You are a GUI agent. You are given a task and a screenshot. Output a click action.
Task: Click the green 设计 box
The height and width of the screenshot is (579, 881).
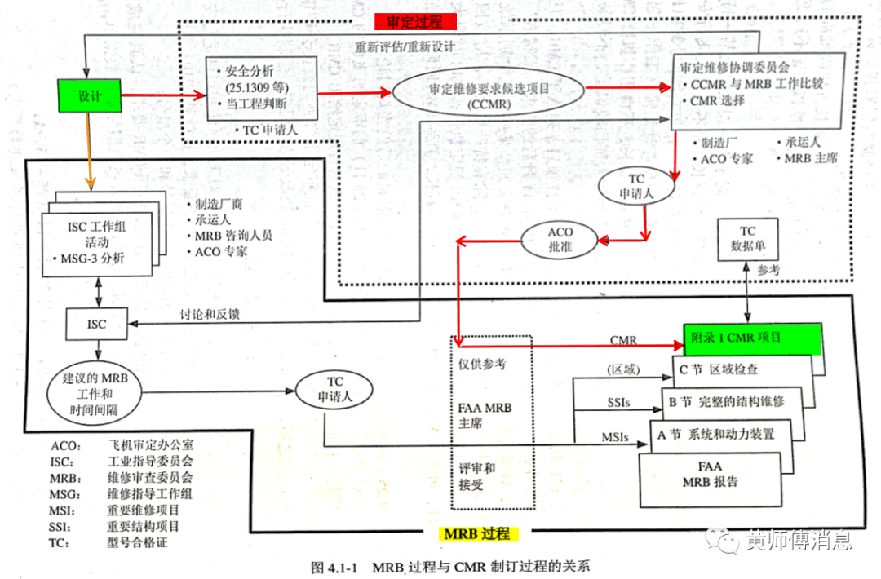point(89,96)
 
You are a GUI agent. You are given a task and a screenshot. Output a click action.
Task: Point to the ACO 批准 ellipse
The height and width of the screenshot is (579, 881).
point(560,240)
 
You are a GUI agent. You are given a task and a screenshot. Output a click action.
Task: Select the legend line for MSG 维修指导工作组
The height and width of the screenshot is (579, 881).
point(122,494)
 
